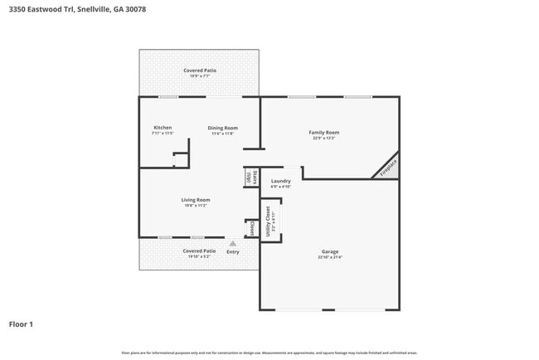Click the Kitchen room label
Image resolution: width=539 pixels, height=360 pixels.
click(163, 128)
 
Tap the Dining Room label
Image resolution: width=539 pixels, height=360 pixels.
click(223, 128)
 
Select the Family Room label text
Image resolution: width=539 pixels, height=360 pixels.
click(324, 133)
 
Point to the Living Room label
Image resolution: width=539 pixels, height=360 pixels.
click(196, 200)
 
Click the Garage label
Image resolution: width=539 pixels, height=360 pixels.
click(330, 251)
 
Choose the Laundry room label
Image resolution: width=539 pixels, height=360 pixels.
click(280, 181)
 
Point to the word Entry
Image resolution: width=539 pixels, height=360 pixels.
click(233, 251)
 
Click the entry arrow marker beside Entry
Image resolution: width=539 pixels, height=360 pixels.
click(233, 244)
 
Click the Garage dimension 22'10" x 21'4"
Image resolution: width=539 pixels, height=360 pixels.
click(330, 257)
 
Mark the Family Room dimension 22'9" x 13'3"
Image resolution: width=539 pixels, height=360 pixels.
click(324, 139)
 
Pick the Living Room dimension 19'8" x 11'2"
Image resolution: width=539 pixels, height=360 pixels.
click(196, 206)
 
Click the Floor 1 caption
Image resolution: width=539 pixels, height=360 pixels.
click(21, 324)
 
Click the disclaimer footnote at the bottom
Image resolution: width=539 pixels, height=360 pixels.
click(269, 353)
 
